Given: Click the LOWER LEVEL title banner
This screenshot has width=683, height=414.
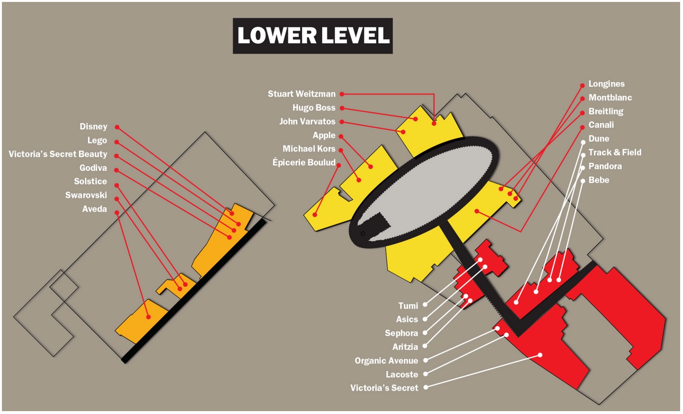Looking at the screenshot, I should pyautogui.click(x=313, y=36).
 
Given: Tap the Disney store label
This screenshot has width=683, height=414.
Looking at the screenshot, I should pyautogui.click(x=93, y=127).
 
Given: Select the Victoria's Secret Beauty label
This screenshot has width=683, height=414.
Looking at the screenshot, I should pyautogui.click(x=58, y=155).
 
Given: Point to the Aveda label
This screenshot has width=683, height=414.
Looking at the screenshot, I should pyautogui.click(x=95, y=209).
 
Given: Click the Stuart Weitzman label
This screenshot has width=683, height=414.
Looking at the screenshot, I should pyautogui.click(x=302, y=94).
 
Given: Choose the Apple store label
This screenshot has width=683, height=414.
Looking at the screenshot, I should pyautogui.click(x=324, y=136).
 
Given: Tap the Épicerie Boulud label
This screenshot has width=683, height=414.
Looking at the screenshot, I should pyautogui.click(x=304, y=163).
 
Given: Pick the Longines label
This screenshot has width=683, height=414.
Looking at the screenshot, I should pyautogui.click(x=606, y=84).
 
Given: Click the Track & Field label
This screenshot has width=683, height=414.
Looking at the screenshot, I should pyautogui.click(x=615, y=153).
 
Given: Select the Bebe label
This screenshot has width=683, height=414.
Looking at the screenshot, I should pyautogui.click(x=599, y=180).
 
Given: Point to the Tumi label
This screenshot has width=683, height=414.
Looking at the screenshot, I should pyautogui.click(x=408, y=306).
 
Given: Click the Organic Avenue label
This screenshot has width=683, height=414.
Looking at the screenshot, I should pyautogui.click(x=386, y=361).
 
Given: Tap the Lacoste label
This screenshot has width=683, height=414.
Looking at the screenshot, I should pyautogui.click(x=402, y=375).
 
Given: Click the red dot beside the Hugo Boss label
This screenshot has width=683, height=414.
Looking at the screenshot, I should pyautogui.click(x=341, y=108).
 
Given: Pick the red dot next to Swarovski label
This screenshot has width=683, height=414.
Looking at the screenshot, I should pyautogui.click(x=117, y=198).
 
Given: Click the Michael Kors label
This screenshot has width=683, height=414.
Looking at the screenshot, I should pyautogui.click(x=309, y=149).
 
